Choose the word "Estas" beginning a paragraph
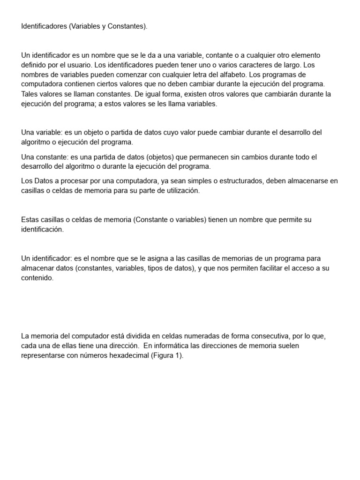pyautogui.click(x=30, y=219)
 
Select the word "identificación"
pyautogui.click(x=42, y=230)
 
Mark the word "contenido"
pyautogui.click(x=37, y=278)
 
